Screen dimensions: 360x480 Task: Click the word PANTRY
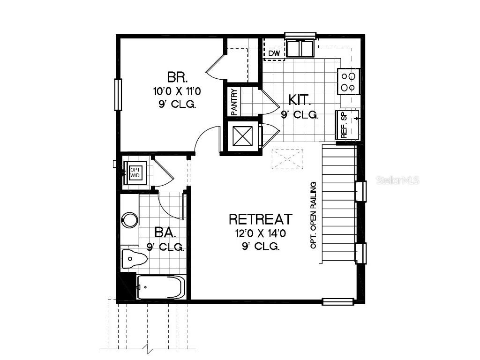click(x=234, y=102)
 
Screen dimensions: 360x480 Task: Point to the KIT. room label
click(x=299, y=99)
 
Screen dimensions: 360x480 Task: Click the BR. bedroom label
click(x=177, y=76)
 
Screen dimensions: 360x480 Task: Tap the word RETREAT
click(x=261, y=219)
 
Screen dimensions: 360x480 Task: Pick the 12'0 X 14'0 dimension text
click(x=261, y=233)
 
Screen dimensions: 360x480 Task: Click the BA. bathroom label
click(x=165, y=232)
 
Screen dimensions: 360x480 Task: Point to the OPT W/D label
click(x=135, y=172)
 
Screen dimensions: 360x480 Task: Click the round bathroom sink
click(x=130, y=219)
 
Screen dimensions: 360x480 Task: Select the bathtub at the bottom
click(x=160, y=287)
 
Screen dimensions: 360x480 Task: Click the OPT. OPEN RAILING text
click(x=314, y=215)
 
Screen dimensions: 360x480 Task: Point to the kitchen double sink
click(x=300, y=48)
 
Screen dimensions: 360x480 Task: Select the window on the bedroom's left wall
click(x=118, y=94)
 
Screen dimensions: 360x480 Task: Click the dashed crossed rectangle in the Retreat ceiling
click(x=287, y=159)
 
